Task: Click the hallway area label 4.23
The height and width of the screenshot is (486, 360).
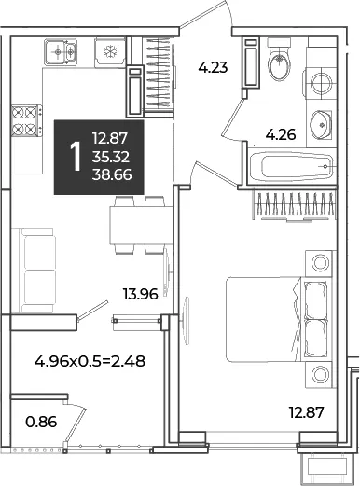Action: click(214, 67)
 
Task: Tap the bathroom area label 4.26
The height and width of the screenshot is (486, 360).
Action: click(281, 135)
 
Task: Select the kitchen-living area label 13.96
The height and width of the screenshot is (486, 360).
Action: click(140, 294)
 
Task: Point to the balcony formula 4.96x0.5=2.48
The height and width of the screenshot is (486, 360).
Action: click(90, 361)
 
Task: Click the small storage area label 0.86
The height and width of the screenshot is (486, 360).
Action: click(41, 422)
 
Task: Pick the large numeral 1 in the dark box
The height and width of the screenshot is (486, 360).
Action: click(76, 157)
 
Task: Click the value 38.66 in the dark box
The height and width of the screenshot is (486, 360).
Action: click(112, 175)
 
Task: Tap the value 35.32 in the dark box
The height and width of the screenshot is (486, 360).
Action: click(111, 157)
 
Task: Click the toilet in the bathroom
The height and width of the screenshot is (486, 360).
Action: click(279, 59)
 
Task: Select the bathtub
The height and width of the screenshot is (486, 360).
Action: click(291, 166)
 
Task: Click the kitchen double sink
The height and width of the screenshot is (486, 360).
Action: click(61, 51)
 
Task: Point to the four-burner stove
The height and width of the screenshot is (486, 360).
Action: click(26, 120)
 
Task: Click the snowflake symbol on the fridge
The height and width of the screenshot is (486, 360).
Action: click(110, 51)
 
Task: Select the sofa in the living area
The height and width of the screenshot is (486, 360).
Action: click(34, 270)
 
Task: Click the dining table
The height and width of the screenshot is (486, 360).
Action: click(141, 225)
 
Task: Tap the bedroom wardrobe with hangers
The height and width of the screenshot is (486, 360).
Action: click(295, 206)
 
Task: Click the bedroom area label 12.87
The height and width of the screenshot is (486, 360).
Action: click(307, 412)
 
